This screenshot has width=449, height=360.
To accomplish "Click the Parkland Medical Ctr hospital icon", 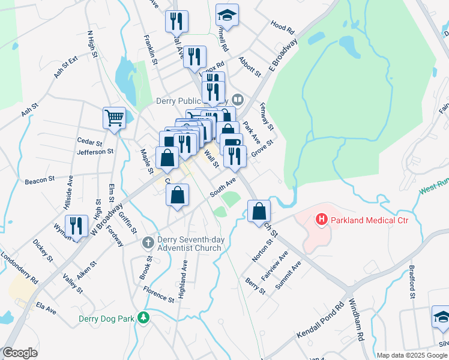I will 321,220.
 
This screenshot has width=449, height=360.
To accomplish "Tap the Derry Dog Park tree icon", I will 143,317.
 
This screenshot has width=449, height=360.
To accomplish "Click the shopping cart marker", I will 114,118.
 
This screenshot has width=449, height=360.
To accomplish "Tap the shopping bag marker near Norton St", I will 259,211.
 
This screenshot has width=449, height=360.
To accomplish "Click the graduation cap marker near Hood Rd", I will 227,15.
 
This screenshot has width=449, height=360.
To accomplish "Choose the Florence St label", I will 158,293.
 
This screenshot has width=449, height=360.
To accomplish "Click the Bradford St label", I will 412,281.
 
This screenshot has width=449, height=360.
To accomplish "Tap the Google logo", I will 20,353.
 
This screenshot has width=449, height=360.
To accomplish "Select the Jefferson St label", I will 95,152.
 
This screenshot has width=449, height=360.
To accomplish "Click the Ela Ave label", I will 46,308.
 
